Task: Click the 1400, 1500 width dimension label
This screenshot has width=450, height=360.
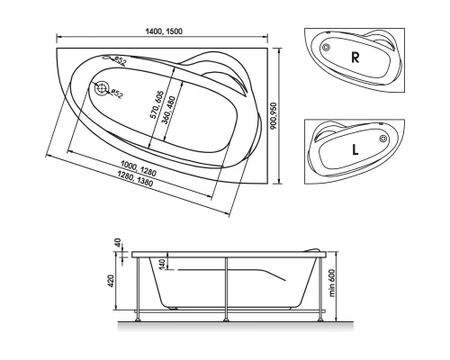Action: click(166, 30)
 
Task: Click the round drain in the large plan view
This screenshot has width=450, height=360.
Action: click(101, 88)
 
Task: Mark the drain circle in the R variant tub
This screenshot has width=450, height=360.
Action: click(327, 47)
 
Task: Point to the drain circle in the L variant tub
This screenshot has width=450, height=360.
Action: click(383, 139)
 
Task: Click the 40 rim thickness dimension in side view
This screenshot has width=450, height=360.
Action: click(118, 244)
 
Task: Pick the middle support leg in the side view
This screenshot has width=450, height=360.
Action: click(227, 288)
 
